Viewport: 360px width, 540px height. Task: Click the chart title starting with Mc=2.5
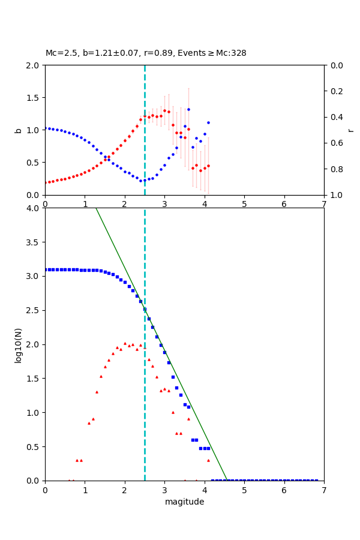click(146, 53)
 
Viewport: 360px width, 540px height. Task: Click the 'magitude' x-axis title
click(184, 502)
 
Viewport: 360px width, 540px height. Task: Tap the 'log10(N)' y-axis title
click(18, 344)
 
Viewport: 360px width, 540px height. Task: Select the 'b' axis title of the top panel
click(18, 130)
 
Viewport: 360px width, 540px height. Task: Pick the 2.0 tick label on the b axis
click(32, 65)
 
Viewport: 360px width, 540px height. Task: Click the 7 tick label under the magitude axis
click(324, 490)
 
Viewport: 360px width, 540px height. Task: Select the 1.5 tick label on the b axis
click(32, 97)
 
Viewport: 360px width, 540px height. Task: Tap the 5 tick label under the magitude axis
click(244, 490)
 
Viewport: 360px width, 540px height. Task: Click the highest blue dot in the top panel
click(188, 109)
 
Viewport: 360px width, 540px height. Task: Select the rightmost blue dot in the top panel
click(208, 122)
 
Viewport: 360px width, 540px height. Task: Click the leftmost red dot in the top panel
click(45, 182)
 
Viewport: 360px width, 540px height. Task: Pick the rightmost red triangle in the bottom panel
click(208, 460)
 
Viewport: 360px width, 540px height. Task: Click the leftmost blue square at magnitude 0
click(45, 269)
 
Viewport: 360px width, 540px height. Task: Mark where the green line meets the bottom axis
click(227, 481)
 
